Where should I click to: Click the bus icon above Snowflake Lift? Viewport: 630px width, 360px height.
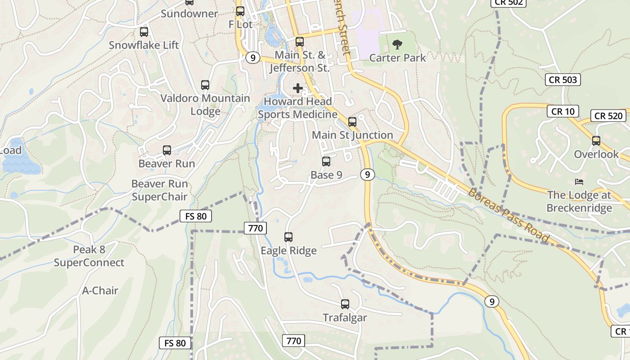144,32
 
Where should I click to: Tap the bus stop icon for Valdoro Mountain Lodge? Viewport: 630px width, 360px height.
205,85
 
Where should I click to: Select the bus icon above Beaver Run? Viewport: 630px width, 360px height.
167,150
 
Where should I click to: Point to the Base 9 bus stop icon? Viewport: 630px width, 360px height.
326,161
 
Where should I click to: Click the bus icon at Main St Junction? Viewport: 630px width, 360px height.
352,121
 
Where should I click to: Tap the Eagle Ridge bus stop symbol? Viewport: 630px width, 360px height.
288,237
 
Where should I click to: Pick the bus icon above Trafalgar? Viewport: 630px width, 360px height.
345,304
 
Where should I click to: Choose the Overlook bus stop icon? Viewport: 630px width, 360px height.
596,140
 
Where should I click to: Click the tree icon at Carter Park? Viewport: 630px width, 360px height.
397,44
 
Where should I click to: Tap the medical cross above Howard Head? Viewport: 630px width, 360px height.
298,88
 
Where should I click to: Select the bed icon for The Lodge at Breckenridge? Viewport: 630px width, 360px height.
579,182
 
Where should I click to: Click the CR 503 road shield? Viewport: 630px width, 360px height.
563,80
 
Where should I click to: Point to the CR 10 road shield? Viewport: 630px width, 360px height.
563,111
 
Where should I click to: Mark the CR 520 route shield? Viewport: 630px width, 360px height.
608,116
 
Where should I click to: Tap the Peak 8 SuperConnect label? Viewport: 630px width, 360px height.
89,256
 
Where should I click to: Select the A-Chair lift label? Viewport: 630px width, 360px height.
100,291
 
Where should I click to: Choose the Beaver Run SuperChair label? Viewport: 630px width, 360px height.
159,190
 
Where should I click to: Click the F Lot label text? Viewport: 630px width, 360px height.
241,24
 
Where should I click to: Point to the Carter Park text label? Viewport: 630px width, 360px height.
397,58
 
